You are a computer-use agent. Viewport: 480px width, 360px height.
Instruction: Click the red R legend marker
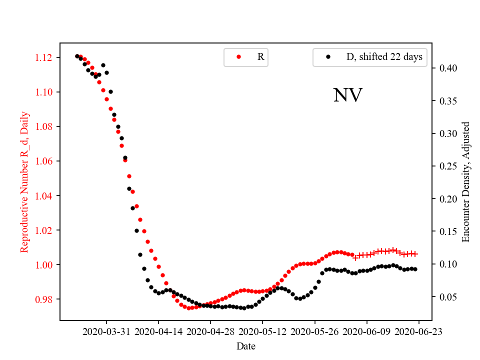(238, 57)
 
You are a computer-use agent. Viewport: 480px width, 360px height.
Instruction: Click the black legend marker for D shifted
(328, 57)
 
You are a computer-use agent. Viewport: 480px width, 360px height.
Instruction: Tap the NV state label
(347, 95)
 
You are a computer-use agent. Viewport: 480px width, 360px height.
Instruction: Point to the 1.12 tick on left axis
(44, 57)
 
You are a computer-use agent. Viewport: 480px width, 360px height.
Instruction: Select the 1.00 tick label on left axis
(44, 264)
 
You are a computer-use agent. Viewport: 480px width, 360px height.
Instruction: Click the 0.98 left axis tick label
(44, 299)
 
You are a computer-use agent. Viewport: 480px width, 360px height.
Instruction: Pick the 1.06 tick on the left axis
(44, 161)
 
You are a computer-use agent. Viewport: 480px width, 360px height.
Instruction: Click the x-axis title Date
(246, 345)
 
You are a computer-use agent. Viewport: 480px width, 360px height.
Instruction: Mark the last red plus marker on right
(415, 254)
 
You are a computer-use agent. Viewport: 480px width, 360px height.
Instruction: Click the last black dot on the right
(415, 269)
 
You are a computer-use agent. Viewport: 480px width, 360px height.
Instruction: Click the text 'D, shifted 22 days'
(384, 57)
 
